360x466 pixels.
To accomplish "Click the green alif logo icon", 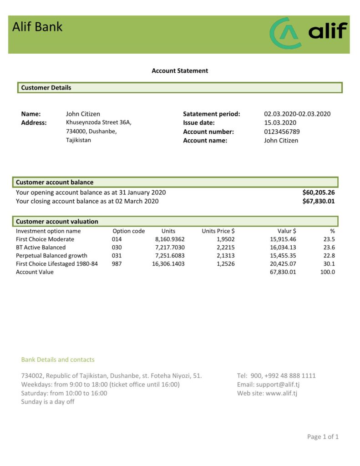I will pyautogui.click(x=285, y=33).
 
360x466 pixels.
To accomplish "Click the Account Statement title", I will pyautogui.click(x=180, y=71).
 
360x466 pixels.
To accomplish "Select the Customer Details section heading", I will pyautogui.click(x=46, y=87).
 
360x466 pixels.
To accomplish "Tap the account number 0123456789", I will pyautogui.click(x=282, y=132).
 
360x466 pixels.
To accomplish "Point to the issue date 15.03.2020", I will pyautogui.click(x=280, y=122).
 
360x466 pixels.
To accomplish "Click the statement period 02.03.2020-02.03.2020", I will pyautogui.click(x=297, y=114).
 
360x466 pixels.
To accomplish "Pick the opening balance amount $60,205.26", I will pyautogui.click(x=319, y=192).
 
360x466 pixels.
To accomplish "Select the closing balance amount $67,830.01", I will pyautogui.click(x=319, y=201).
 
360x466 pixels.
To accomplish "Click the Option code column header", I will pyautogui.click(x=128, y=231).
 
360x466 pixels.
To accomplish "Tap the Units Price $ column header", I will pyautogui.click(x=218, y=231).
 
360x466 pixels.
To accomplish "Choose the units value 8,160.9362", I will pyautogui.click(x=170, y=239).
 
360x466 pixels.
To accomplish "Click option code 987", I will pyautogui.click(x=117, y=263).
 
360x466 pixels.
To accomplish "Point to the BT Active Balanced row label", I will pyautogui.click(x=41, y=247).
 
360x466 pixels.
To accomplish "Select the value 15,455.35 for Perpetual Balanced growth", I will pyautogui.click(x=283, y=255).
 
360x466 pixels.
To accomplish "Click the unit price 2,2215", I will pyautogui.click(x=225, y=247).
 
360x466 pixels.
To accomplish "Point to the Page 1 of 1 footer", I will pyautogui.click(x=323, y=436).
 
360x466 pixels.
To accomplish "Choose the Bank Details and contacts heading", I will pyautogui.click(x=58, y=360).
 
